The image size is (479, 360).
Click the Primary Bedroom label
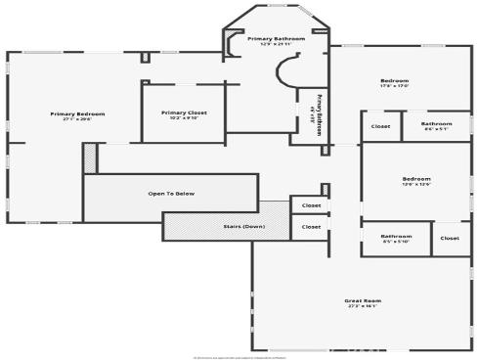[x=77, y=113]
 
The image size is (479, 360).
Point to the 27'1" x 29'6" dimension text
[x=77, y=121]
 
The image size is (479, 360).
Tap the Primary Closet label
[x=183, y=112]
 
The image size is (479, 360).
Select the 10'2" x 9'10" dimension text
[x=183, y=120]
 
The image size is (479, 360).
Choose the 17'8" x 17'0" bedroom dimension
[x=394, y=87]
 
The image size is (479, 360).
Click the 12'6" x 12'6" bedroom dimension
[x=416, y=185]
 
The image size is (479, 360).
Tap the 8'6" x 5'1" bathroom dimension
[x=437, y=129]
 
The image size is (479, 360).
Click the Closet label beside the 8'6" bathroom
[x=380, y=125]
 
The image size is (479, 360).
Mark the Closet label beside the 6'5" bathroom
[x=449, y=238]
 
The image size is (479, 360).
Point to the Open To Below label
[x=171, y=194]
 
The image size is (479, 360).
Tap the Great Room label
[x=363, y=299]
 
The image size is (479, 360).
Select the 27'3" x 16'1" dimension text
[x=363, y=307]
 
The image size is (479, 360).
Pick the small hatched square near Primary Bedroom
[x=90, y=157]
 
